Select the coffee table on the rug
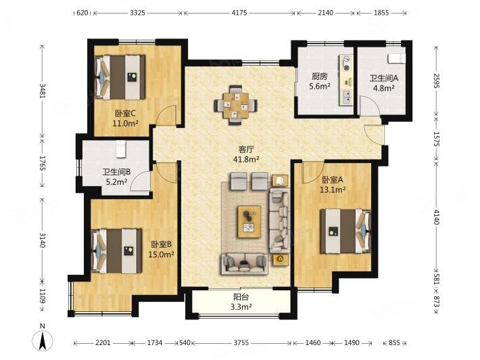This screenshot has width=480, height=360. coord(249,221)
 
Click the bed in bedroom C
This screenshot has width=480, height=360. coord(120,77)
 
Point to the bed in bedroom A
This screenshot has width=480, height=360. coord(345,231)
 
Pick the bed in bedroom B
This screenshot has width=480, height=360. coord(117,251)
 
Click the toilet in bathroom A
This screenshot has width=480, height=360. coord(397,58)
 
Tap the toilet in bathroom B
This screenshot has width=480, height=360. coord(121,149)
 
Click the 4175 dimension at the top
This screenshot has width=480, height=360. coord(239,13)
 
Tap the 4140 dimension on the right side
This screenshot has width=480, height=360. coord(437,217)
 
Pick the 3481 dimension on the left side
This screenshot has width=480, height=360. coord(42,91)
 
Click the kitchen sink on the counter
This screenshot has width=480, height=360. coord(347,97)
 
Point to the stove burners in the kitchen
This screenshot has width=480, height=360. coord(346,64)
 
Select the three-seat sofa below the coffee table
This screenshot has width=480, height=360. coord(243,263)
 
